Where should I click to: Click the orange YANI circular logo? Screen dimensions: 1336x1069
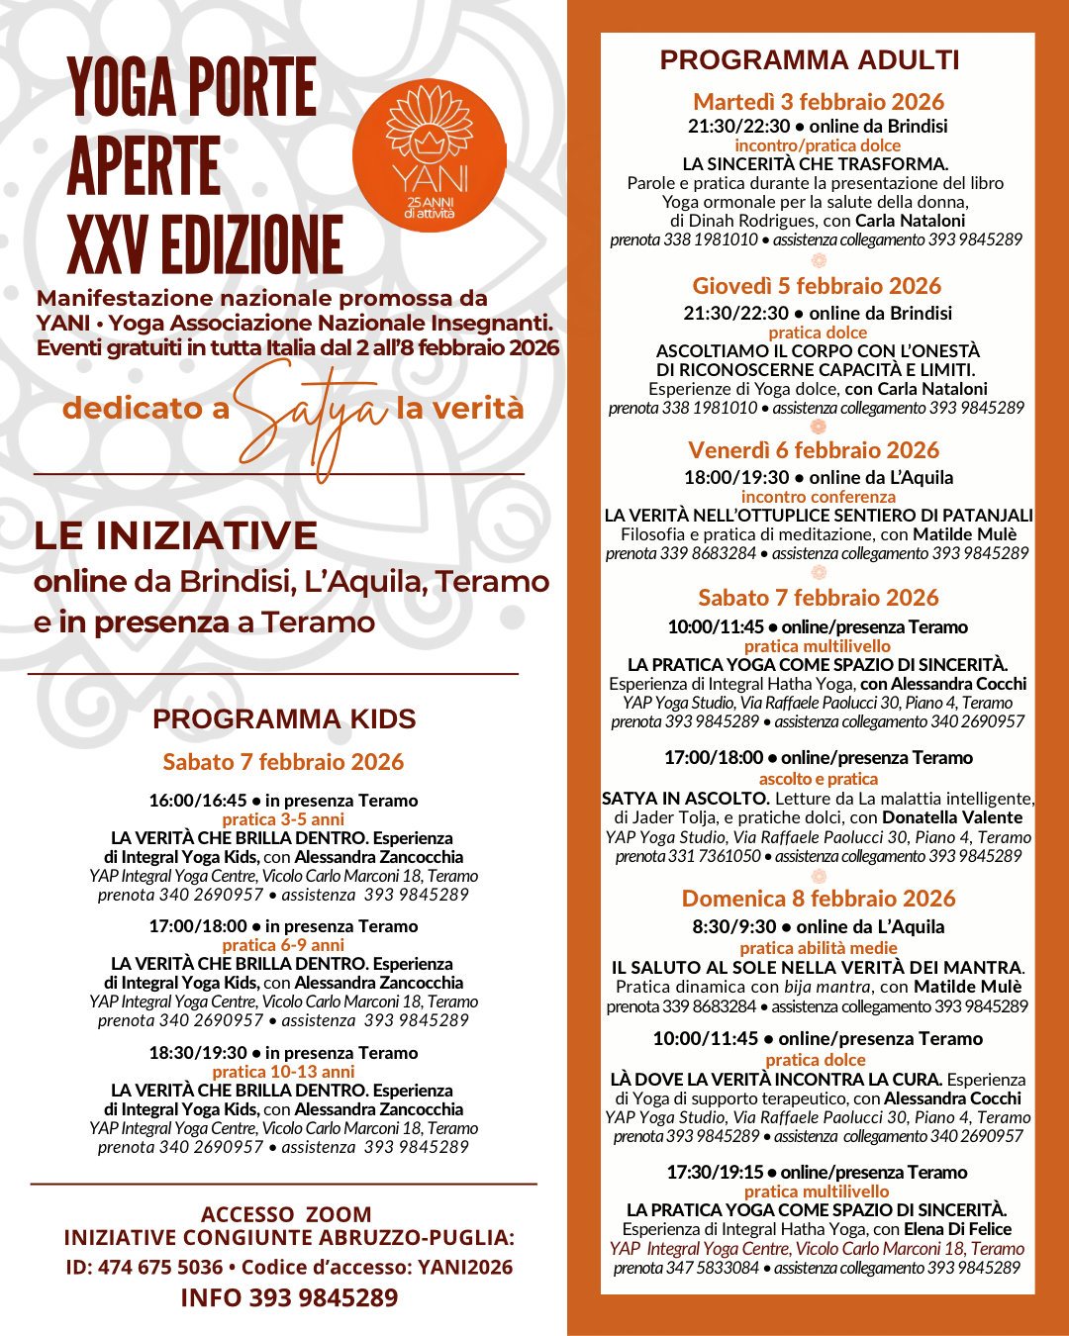tap(430, 156)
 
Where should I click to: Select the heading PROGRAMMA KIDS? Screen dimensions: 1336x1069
tap(284, 719)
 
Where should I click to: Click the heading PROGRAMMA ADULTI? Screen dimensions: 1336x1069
tap(810, 60)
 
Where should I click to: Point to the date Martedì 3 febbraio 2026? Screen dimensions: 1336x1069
tap(819, 102)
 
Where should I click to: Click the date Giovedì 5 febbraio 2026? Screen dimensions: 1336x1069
tap(817, 286)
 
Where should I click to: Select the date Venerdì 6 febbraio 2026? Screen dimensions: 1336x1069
tap(814, 450)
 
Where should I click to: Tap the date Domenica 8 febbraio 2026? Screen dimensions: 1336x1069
tap(819, 899)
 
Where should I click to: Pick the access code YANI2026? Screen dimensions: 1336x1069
tap(465, 1268)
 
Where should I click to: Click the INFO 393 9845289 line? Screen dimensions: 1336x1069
tap(289, 1298)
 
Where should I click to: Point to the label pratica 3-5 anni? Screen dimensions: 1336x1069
tap(283, 819)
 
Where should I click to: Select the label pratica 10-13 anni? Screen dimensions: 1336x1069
tap(283, 1072)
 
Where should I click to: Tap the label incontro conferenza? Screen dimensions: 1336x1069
tap(818, 497)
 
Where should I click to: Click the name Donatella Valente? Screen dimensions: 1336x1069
tap(952, 817)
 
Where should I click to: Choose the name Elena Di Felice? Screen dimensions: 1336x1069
tap(957, 1229)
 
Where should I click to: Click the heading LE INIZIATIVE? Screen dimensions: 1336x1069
tap(176, 536)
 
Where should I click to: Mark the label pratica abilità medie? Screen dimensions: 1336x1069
tap(818, 948)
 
